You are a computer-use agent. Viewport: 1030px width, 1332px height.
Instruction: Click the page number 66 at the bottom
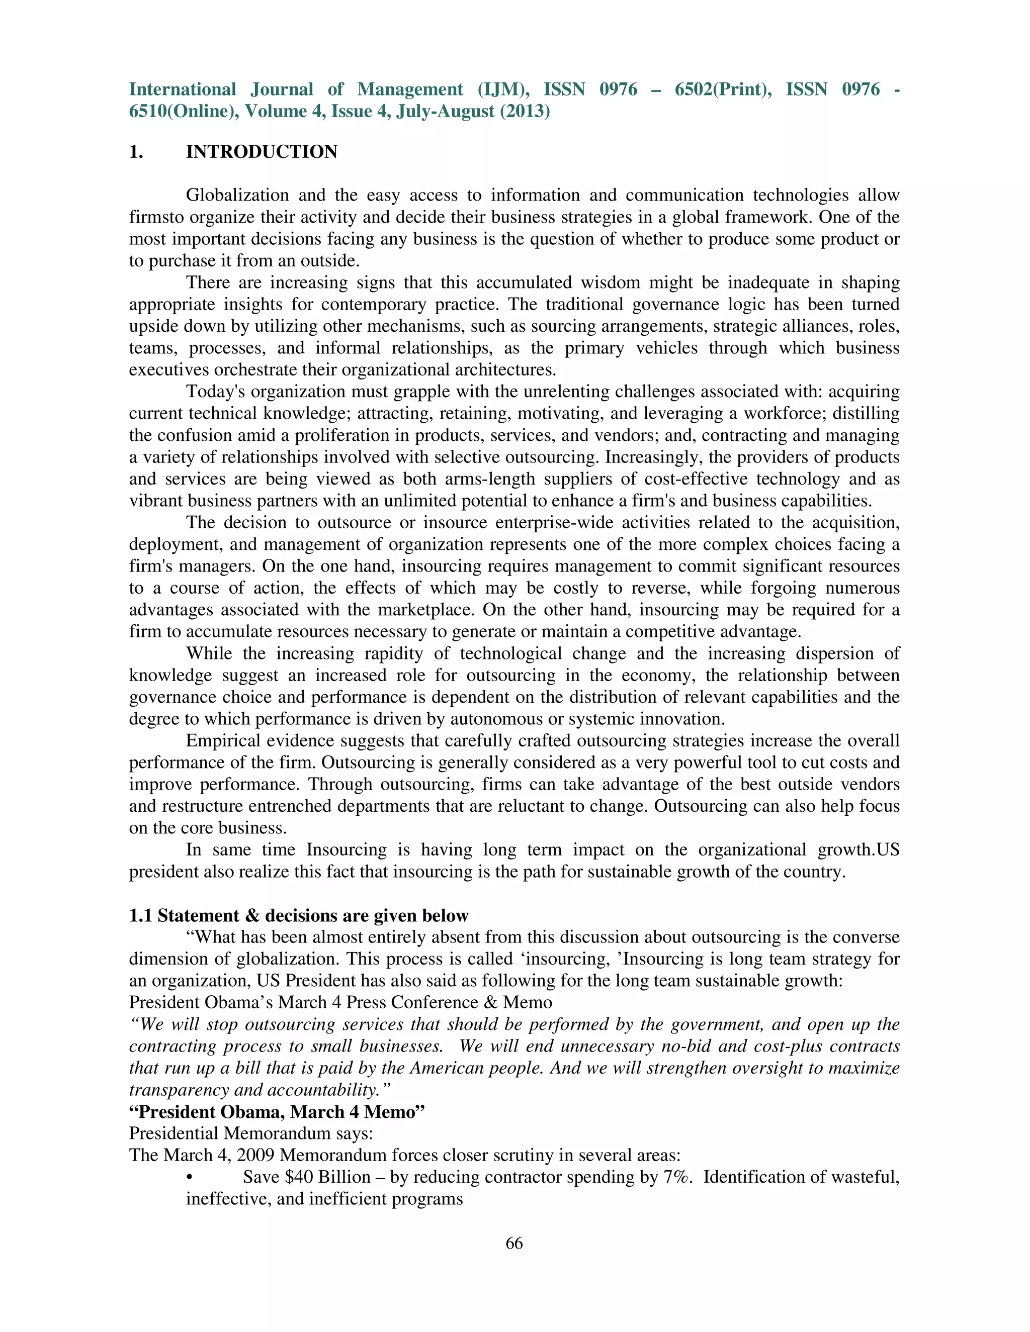click(x=514, y=1243)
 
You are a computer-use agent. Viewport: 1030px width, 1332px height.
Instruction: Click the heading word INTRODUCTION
click(x=261, y=152)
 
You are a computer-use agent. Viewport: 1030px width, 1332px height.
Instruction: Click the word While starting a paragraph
click(x=209, y=654)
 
